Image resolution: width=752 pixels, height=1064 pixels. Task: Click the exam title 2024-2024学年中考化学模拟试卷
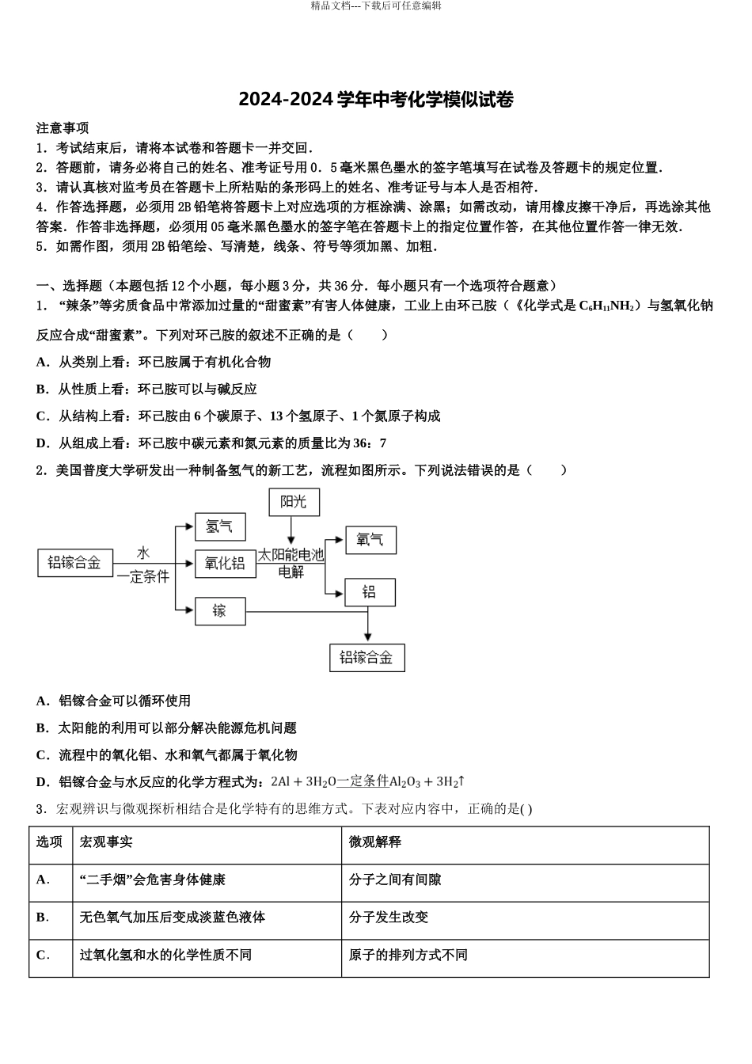tap(376, 100)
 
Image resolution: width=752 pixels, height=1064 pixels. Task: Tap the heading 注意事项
tap(63, 128)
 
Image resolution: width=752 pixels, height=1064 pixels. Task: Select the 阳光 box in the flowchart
tap(293, 501)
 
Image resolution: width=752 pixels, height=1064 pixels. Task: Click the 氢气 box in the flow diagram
tap(220, 526)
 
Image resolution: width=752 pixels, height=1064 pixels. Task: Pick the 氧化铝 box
tap(225, 563)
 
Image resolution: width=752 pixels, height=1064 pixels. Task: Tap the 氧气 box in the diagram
tap(370, 540)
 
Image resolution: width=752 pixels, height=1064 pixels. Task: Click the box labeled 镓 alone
tap(220, 610)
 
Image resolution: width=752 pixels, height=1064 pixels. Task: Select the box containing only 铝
tap(369, 591)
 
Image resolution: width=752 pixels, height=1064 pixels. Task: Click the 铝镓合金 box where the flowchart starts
tap(75, 563)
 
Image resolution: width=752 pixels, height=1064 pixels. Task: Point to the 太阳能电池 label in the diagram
tap(291, 555)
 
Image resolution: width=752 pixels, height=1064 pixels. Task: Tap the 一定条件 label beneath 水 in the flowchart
tap(143, 577)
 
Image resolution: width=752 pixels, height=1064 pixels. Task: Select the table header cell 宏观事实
tap(107, 842)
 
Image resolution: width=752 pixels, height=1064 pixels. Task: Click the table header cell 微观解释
tap(375, 842)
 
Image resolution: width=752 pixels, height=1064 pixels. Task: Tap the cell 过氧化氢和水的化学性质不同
tap(165, 955)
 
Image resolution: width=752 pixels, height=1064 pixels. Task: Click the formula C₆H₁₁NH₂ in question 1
tap(607, 306)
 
